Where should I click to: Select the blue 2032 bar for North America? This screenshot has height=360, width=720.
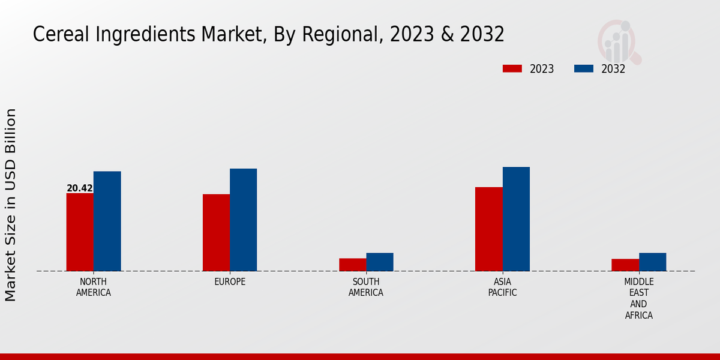point(107,221)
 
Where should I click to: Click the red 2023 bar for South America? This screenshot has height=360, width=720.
point(352,265)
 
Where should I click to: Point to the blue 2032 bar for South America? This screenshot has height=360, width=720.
point(380,262)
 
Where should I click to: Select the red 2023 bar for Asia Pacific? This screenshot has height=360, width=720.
point(488,229)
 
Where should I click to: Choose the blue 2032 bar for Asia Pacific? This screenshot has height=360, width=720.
point(516,219)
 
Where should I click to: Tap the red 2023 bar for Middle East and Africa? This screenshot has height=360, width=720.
point(625,265)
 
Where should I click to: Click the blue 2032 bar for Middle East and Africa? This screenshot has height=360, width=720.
point(652,262)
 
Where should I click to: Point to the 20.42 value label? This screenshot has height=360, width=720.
point(80,188)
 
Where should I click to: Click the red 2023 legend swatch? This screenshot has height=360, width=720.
point(512,69)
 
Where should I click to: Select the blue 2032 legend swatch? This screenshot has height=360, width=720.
point(584,69)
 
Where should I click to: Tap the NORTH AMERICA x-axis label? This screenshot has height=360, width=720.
point(94,287)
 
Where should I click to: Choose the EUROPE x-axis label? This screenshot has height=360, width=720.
point(230,282)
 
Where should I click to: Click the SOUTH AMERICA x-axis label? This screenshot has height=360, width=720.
point(366,287)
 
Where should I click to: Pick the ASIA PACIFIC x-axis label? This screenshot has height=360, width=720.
point(502,287)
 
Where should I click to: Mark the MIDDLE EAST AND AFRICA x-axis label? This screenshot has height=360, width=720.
point(639,298)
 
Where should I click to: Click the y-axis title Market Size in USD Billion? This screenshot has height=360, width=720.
point(11,205)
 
